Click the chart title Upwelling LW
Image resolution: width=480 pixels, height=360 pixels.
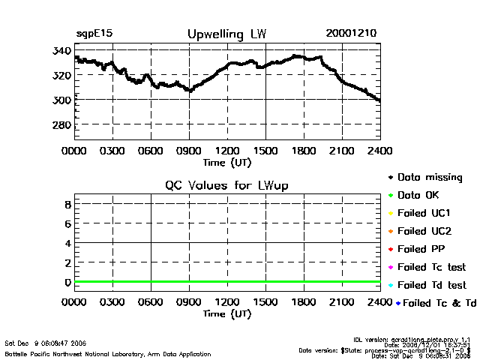[x=226, y=34]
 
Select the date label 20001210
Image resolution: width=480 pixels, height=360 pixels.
[x=351, y=34]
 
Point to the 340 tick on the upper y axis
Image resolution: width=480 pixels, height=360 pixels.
[x=62, y=50]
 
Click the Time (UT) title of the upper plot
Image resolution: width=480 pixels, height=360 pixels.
[x=227, y=161]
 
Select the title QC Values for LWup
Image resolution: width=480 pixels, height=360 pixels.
[x=226, y=185]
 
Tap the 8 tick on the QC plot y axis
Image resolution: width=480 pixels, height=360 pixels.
[x=67, y=204]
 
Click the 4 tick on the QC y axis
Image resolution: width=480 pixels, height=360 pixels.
[x=67, y=243]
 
